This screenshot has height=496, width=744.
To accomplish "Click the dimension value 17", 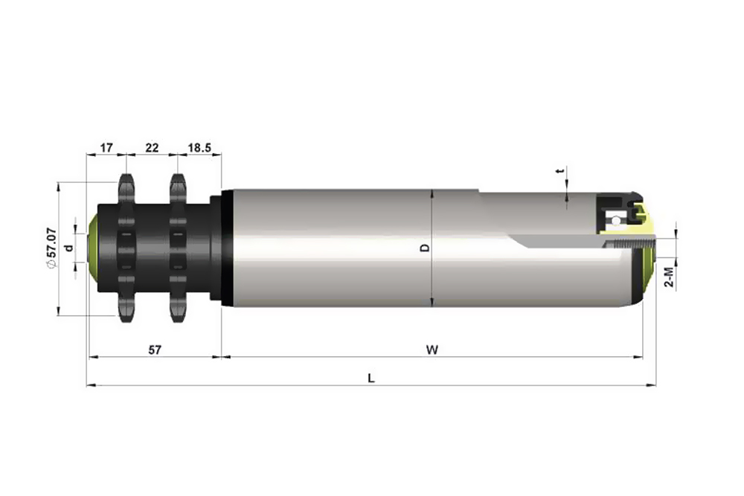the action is click(106, 148).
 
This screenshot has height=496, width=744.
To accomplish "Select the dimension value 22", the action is click(152, 148).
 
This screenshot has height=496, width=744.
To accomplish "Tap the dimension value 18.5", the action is click(199, 148).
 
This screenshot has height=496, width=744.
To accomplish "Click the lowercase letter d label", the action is click(68, 248).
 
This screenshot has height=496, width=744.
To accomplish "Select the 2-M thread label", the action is click(669, 277).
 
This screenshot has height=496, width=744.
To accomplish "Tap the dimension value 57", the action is click(155, 350).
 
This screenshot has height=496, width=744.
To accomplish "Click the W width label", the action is click(432, 350).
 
